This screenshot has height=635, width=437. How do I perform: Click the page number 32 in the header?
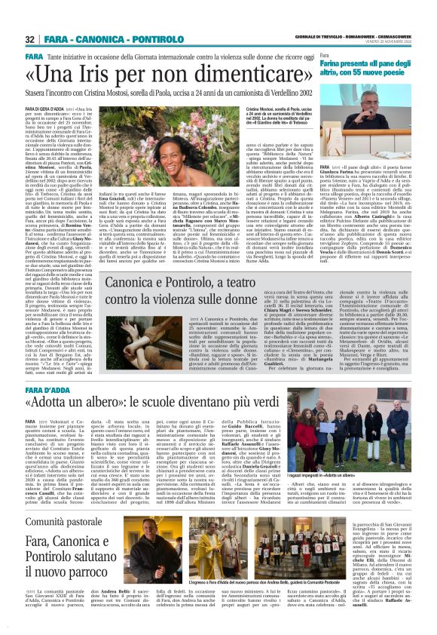pyautogui.click(x=30, y=39)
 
